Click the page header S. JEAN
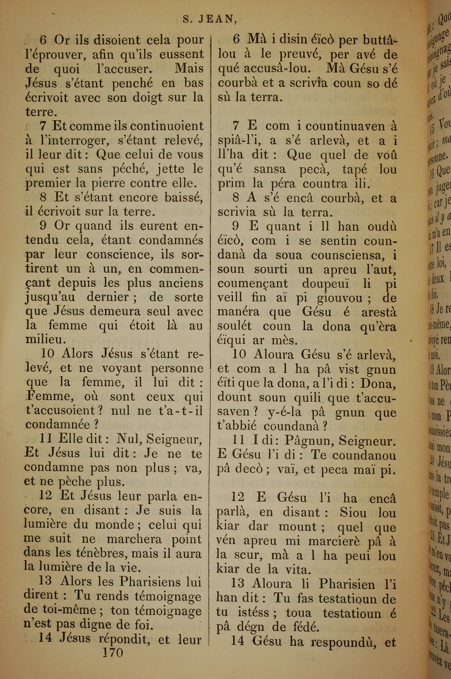click(x=209, y=19)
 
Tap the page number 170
click(x=113, y=652)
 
